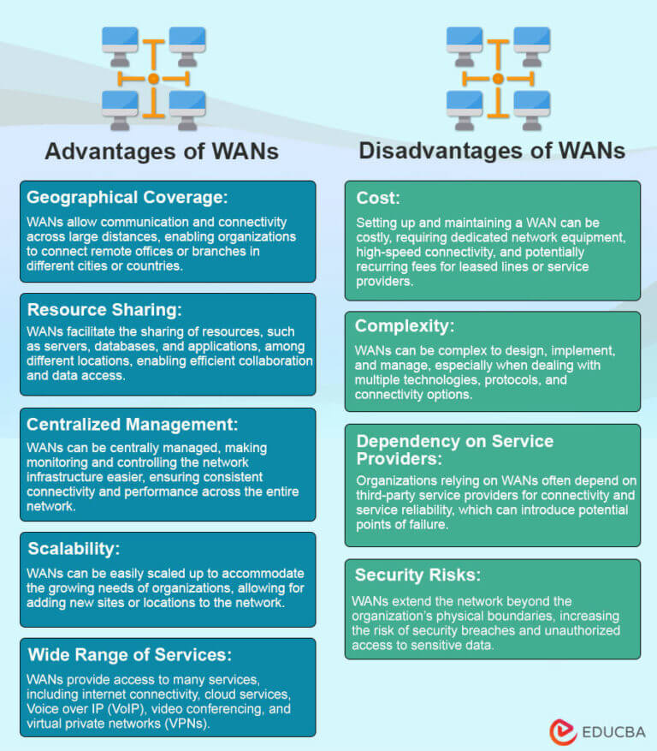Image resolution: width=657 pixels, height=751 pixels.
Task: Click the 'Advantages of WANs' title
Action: pyautogui.click(x=162, y=152)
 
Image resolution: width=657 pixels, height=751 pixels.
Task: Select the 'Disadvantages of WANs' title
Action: pyautogui.click(x=492, y=152)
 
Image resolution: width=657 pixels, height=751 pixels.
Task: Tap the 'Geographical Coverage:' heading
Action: pyautogui.click(x=127, y=198)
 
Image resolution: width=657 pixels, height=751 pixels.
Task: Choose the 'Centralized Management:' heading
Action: pyautogui.click(x=132, y=424)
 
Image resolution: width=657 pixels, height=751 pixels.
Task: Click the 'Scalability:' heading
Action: pyautogui.click(x=74, y=549)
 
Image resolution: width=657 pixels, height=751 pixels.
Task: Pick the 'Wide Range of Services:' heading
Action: pyautogui.click(x=129, y=655)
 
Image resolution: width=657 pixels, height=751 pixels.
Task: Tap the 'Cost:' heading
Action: pyautogui.click(x=377, y=198)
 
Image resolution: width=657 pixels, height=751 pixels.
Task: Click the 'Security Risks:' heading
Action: pyautogui.click(x=417, y=575)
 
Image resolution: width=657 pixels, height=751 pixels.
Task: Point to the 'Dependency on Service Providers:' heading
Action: pyautogui.click(x=454, y=450)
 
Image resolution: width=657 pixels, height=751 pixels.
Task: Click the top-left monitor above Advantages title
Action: pyautogui.click(x=120, y=40)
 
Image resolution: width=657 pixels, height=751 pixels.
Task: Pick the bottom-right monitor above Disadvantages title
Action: pyautogui.click(x=531, y=104)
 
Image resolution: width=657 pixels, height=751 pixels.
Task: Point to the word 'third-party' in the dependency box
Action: pyautogui.click(x=385, y=495)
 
